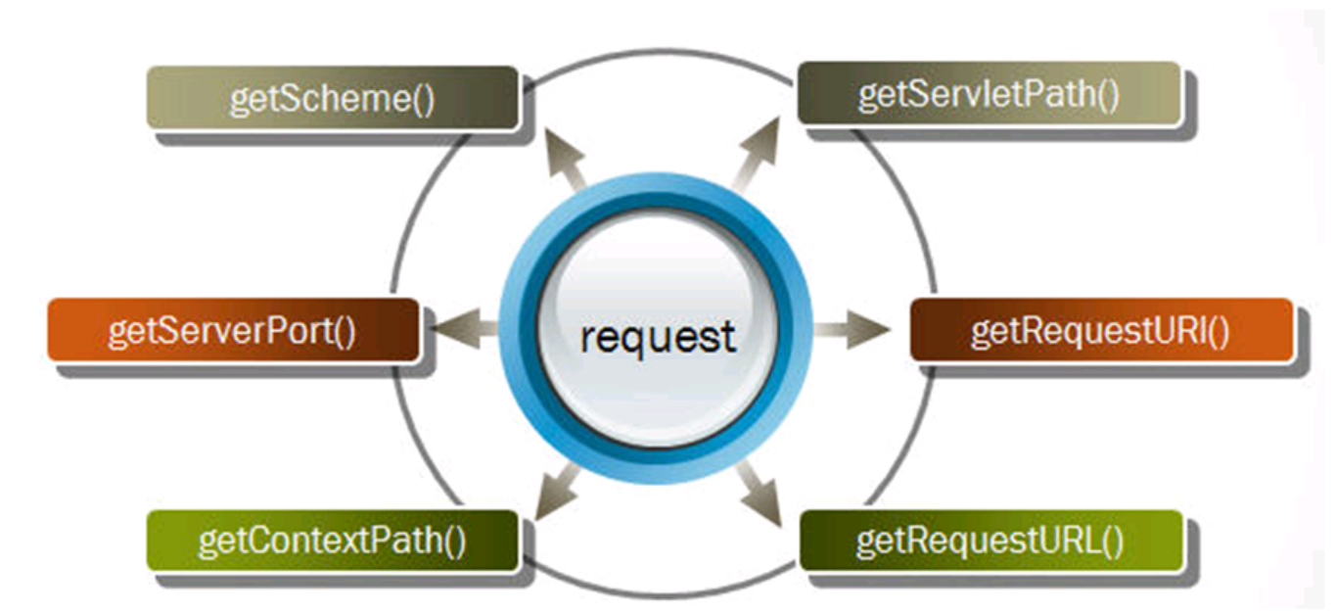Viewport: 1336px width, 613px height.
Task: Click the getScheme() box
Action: coord(333,97)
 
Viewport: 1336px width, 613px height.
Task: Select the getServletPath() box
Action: coord(989,93)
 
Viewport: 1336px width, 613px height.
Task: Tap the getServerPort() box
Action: coord(233,329)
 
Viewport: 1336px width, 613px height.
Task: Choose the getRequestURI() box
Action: coord(1101,330)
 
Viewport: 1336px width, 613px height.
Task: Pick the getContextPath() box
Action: coord(333,541)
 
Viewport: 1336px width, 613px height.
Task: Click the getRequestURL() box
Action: coord(990,541)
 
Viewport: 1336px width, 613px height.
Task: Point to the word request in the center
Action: coord(658,337)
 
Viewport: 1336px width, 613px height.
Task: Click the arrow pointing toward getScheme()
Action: coord(566,159)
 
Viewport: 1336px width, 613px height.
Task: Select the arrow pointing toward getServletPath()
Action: coord(757,154)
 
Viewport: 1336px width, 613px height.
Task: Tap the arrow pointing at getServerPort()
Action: coord(463,328)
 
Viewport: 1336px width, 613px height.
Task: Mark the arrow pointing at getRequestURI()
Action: coord(852,328)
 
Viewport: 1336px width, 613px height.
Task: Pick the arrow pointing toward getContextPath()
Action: coord(558,493)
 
